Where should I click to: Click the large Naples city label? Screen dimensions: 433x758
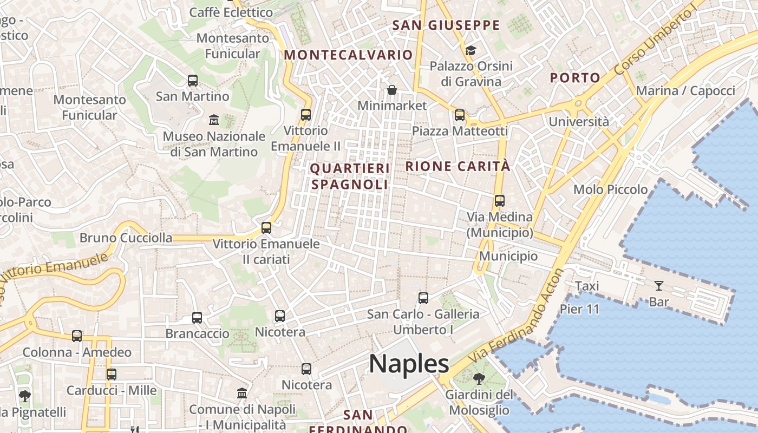pyautogui.click(x=409, y=364)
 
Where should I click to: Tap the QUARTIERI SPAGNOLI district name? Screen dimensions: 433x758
pyautogui.click(x=350, y=176)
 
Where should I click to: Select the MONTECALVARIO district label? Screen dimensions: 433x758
pyautogui.click(x=348, y=55)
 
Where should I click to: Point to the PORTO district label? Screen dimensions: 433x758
pyautogui.click(x=575, y=78)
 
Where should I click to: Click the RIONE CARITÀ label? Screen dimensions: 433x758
pyautogui.click(x=458, y=166)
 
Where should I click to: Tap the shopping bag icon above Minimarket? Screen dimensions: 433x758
pyautogui.click(x=391, y=90)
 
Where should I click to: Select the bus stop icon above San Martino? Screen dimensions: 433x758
pyautogui.click(x=192, y=81)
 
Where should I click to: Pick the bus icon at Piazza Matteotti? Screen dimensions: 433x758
pyautogui.click(x=459, y=115)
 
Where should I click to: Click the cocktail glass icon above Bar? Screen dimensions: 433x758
pyautogui.click(x=658, y=286)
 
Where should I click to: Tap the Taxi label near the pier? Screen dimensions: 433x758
pyautogui.click(x=587, y=286)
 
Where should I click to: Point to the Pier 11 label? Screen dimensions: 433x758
pyautogui.click(x=580, y=310)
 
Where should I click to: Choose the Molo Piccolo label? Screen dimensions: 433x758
pyautogui.click(x=610, y=189)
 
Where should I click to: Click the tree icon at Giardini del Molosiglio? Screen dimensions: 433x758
pyautogui.click(x=479, y=378)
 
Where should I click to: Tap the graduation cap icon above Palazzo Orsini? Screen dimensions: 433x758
pyautogui.click(x=471, y=50)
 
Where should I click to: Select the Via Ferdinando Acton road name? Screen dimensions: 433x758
pyautogui.click(x=517, y=317)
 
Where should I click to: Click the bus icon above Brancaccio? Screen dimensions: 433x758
pyautogui.click(x=197, y=318)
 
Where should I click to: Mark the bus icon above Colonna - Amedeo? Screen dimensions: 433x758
pyautogui.click(x=77, y=336)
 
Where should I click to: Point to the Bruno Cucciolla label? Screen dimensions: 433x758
pyautogui.click(x=126, y=238)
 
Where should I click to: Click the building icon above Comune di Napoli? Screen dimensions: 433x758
pyautogui.click(x=242, y=393)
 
